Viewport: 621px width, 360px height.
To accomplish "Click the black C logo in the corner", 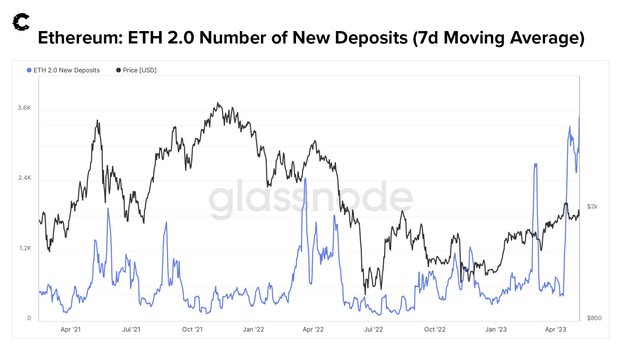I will [21, 22].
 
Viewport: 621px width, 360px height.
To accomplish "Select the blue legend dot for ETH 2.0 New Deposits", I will [29, 70].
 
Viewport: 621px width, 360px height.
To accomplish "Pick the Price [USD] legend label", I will [139, 70].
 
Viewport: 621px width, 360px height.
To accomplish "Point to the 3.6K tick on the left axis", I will [24, 108].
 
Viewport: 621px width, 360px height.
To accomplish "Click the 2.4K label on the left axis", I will [24, 178].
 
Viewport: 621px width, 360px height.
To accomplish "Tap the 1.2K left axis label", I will [25, 248].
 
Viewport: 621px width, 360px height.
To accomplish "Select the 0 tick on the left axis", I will [29, 318].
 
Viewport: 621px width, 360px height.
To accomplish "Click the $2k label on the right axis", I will [592, 206].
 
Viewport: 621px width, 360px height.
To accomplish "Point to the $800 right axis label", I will [594, 318].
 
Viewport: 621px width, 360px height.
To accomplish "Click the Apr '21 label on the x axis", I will [70, 329].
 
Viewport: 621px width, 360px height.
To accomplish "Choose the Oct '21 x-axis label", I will [192, 329].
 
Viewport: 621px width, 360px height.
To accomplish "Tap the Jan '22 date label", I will [253, 329].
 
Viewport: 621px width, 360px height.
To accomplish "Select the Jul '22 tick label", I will [373, 329].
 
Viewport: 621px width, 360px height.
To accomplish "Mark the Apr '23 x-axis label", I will [555, 329].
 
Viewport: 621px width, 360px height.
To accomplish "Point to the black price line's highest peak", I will [217, 103].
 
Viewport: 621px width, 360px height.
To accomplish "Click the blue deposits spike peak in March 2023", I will [535, 164].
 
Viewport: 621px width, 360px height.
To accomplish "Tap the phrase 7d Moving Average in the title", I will [499, 38].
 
